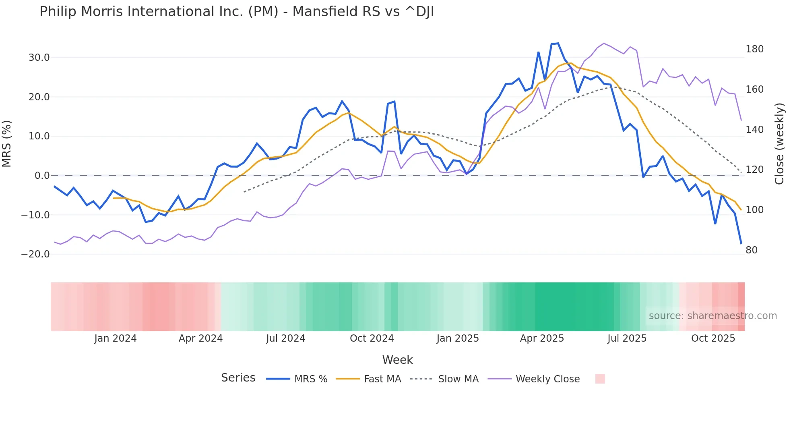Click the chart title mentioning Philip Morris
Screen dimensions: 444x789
pyautogui.click(x=237, y=12)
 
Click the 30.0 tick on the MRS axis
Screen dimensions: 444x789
pyautogui.click(x=39, y=58)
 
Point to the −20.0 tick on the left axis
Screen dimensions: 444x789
pyautogui.click(x=35, y=254)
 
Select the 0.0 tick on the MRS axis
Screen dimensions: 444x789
pyautogui.click(x=42, y=176)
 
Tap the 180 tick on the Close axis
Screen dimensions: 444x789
pyautogui.click(x=754, y=49)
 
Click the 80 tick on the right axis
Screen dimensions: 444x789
pyautogui.click(x=752, y=250)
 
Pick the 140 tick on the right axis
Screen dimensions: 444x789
pyautogui.click(x=754, y=130)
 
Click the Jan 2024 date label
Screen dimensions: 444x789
pyautogui.click(x=116, y=338)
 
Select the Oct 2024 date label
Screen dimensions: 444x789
pyautogui.click(x=372, y=338)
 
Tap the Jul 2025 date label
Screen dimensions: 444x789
pyautogui.click(x=627, y=338)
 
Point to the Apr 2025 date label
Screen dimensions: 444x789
pyautogui.click(x=542, y=338)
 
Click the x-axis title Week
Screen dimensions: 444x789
pyautogui.click(x=397, y=360)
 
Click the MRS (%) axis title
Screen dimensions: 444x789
pyautogui.click(x=6, y=144)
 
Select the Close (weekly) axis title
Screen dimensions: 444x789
pyautogui.click(x=780, y=144)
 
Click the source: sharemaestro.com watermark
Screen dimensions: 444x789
pyautogui.click(x=713, y=316)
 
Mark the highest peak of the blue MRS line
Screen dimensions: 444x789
pyautogui.click(x=558, y=44)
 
